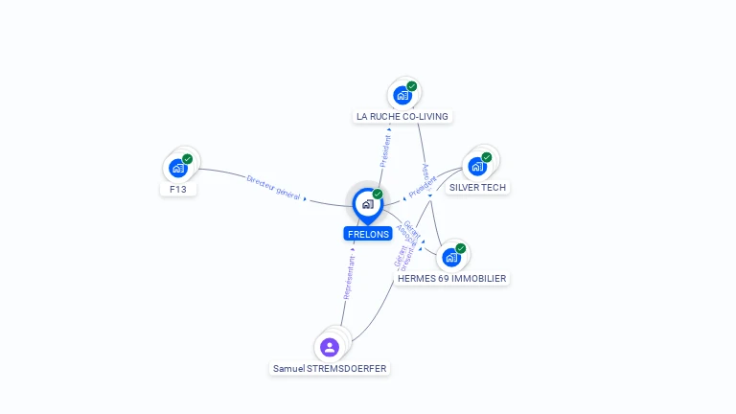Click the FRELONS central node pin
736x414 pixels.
tap(367, 204)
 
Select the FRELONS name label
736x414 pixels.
tap(368, 234)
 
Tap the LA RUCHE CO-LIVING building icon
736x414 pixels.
tap(402, 95)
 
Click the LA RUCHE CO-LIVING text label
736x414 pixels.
tap(402, 117)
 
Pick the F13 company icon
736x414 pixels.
tap(178, 168)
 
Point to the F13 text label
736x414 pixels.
tap(178, 190)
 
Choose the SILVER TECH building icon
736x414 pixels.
tap(477, 166)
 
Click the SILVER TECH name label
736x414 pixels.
tap(477, 188)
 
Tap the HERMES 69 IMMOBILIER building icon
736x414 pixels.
tap(451, 257)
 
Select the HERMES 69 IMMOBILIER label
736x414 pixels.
tap(452, 279)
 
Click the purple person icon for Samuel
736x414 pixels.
tap(330, 347)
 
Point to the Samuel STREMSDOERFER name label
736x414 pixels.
tap(331, 368)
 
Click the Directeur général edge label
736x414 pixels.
tap(274, 187)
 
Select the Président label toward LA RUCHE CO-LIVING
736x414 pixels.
tap(385, 150)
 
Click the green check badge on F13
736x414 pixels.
tap(188, 158)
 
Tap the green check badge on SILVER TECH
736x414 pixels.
tap(487, 156)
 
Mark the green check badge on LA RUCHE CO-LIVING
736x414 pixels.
tap(412, 86)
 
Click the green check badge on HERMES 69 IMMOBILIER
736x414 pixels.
tap(461, 248)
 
